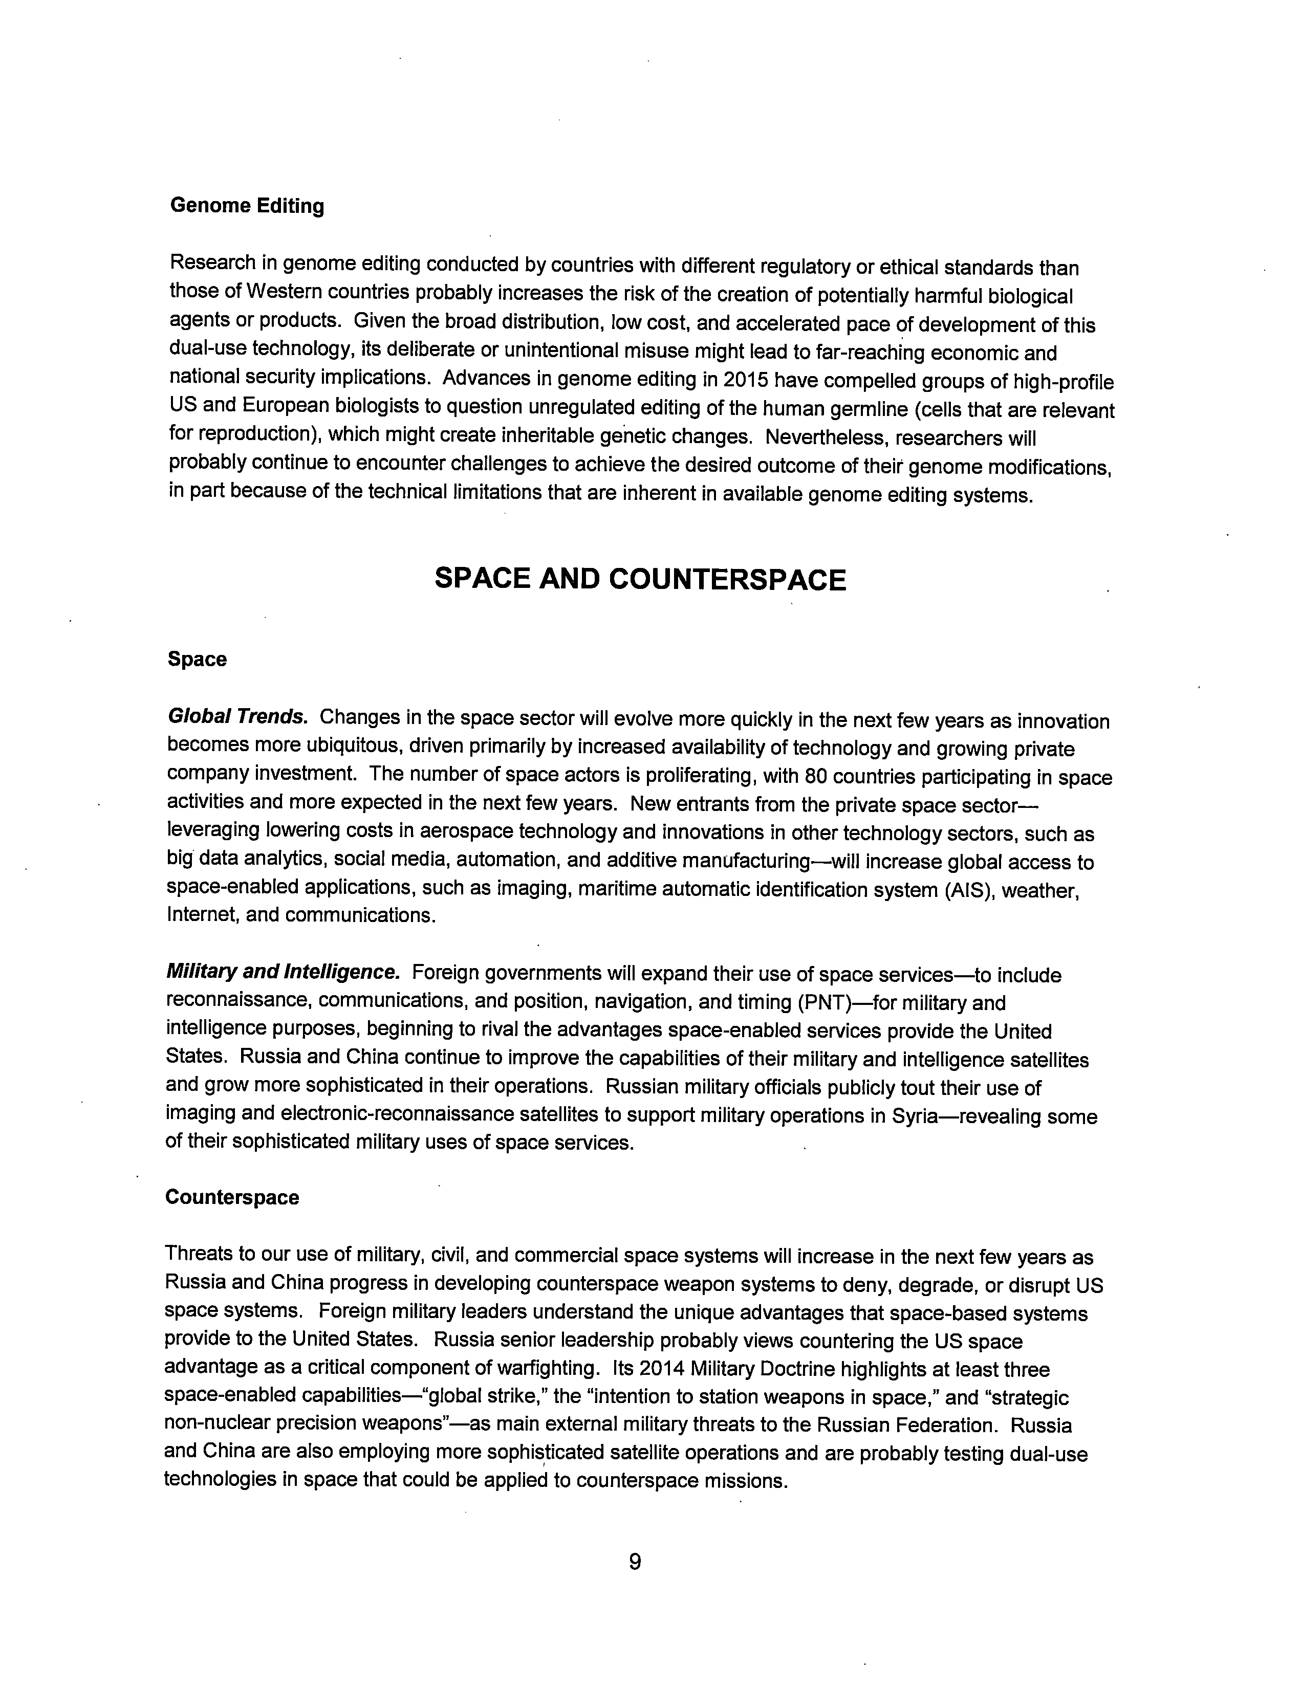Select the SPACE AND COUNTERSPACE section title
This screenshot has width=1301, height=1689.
pos(640,579)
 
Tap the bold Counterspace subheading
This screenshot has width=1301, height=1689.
pos(232,1197)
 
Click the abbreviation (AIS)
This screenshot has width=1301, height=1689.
pos(965,889)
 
